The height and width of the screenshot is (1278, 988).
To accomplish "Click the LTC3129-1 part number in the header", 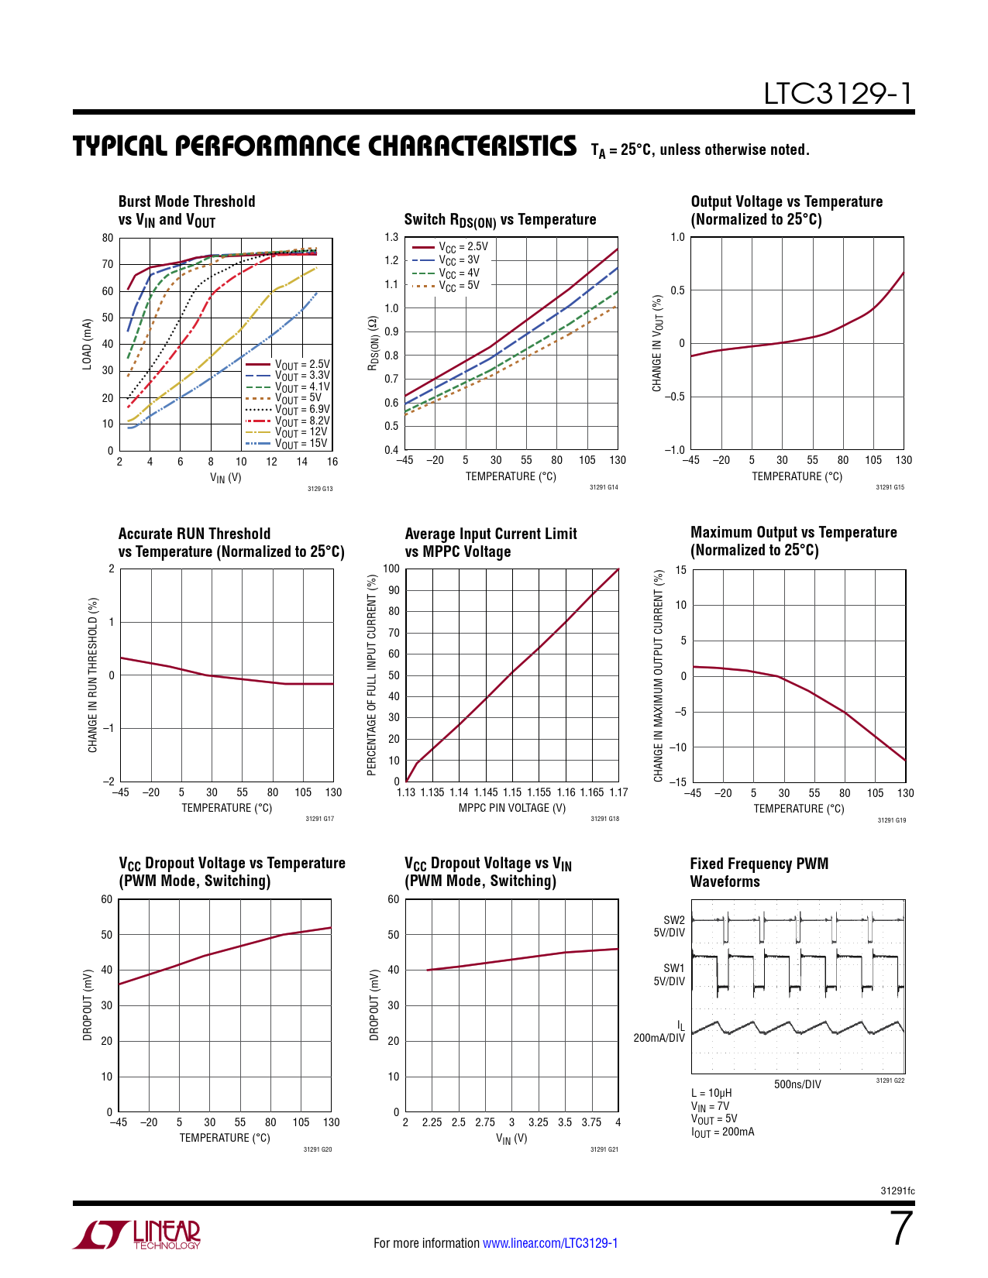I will click(x=838, y=94).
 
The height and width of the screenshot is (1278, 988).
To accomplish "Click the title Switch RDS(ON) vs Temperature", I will click(x=500, y=220).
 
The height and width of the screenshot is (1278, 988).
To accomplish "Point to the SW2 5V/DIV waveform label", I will click(x=670, y=926).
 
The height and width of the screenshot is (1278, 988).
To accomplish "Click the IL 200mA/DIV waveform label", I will click(x=660, y=1032).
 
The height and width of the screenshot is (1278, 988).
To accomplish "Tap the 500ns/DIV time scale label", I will click(x=797, y=1084).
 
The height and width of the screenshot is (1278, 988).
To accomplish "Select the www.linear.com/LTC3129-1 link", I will click(x=550, y=1243).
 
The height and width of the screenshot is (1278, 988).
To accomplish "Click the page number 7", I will click(x=900, y=1228).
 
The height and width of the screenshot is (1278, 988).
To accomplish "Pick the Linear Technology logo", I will click(x=137, y=1235).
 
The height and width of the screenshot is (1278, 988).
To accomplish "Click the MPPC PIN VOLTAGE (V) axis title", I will click(x=512, y=808).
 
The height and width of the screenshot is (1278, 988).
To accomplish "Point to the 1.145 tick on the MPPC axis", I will click(x=486, y=792).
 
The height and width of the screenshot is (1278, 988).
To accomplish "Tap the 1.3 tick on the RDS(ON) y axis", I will click(x=391, y=237).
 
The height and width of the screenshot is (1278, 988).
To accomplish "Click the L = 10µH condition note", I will click(x=711, y=1094).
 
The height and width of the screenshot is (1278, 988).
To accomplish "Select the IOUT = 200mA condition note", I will click(x=722, y=1132).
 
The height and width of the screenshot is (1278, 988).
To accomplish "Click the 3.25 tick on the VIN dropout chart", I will click(x=538, y=1122).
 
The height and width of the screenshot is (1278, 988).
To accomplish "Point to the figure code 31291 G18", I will click(x=604, y=819).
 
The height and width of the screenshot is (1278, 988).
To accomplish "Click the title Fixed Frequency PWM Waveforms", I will click(x=759, y=872).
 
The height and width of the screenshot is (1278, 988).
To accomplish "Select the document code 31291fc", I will click(x=897, y=1191).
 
